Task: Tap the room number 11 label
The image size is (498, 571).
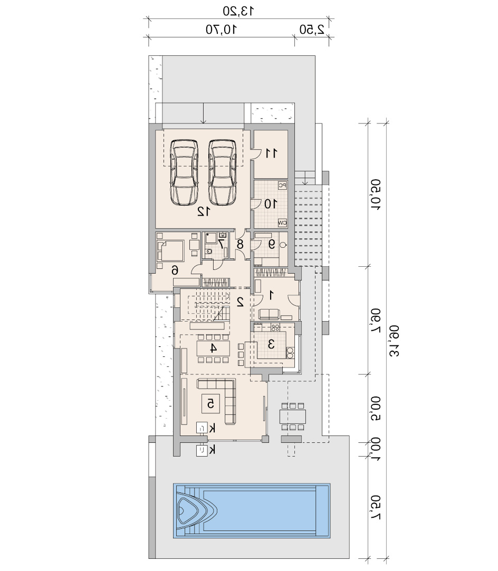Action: [271, 153]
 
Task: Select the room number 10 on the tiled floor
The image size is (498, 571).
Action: [270, 204]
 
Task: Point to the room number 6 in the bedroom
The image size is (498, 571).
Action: [175, 270]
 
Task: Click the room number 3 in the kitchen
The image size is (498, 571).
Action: [271, 344]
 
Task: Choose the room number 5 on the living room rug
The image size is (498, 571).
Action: [210, 403]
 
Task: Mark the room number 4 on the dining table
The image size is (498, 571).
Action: [214, 348]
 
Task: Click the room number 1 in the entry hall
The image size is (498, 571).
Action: [271, 295]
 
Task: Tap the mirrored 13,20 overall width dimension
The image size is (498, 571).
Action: [238, 11]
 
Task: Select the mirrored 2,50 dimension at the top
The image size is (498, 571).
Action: [312, 29]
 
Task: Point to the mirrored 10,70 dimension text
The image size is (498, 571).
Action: [222, 29]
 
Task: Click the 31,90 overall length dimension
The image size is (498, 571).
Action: [394, 341]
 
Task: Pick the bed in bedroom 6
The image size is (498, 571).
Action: [170, 250]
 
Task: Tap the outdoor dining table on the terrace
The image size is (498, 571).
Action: [293, 417]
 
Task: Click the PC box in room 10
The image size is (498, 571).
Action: [282, 186]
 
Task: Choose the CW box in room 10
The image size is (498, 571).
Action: [282, 222]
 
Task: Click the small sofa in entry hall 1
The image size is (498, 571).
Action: [269, 314]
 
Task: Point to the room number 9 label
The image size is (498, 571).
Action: [271, 244]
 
